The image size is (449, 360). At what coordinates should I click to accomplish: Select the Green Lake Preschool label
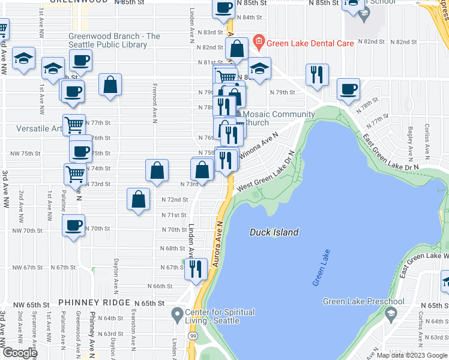[363, 301]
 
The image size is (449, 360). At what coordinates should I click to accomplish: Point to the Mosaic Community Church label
[277, 118]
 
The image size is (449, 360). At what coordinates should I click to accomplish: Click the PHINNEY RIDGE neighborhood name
[94, 303]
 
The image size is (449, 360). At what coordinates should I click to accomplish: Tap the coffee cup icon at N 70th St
[74, 226]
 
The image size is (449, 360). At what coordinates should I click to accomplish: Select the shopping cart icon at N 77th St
[74, 125]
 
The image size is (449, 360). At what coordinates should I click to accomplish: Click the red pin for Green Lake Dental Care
[259, 41]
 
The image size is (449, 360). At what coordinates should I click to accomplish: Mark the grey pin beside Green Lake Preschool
[390, 314]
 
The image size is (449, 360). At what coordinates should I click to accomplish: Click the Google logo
[19, 353]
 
